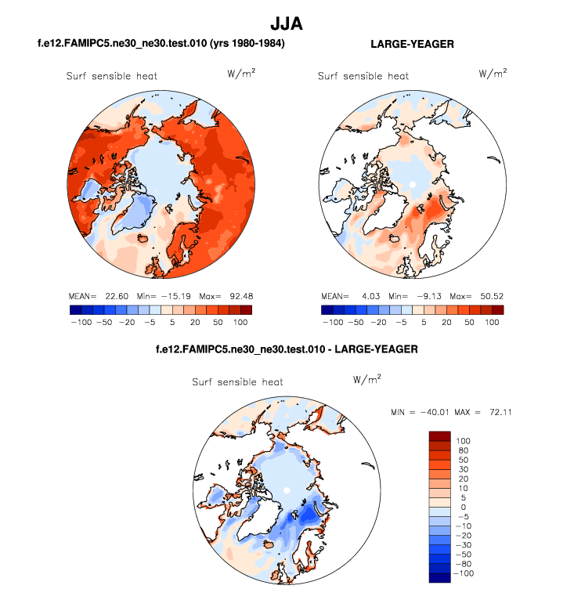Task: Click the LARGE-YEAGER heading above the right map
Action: coord(412,45)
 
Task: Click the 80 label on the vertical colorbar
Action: coord(462,450)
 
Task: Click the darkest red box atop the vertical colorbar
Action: coord(439,435)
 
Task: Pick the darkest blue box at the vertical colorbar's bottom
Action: coord(439,578)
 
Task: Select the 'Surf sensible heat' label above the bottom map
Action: coord(238,382)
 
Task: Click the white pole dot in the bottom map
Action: coord(287,490)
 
